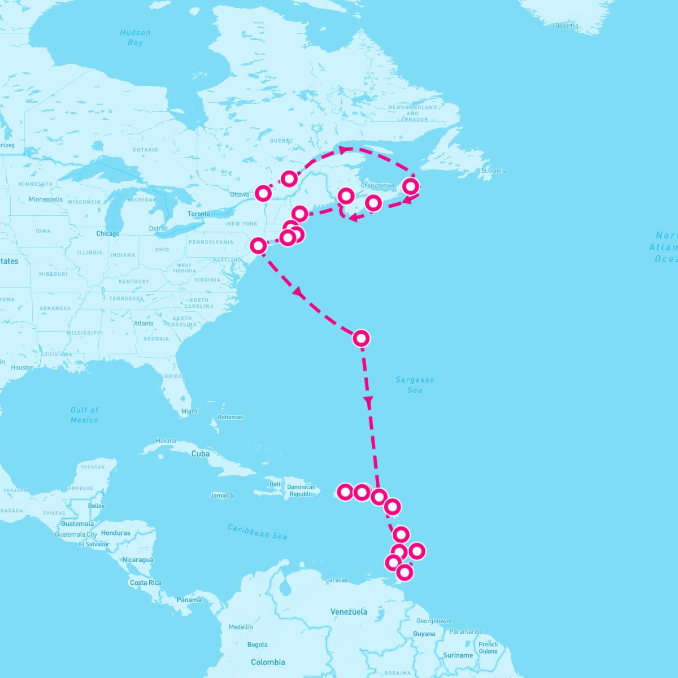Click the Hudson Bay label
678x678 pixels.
(135, 37)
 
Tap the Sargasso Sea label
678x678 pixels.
(415, 385)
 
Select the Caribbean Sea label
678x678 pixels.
(257, 532)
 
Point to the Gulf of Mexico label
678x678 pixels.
(84, 415)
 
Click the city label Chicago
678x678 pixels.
(107, 233)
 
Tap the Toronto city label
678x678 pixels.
(198, 214)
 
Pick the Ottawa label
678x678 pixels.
(240, 194)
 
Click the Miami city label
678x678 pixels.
(190, 411)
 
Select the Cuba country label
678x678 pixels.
(200, 454)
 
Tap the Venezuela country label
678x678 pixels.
(349, 611)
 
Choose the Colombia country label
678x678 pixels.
(268, 662)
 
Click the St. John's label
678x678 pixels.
(493, 171)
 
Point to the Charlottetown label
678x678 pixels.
(378, 185)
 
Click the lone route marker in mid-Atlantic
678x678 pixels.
(360, 338)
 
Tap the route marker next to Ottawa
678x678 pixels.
(263, 193)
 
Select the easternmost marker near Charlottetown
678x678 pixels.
(411, 186)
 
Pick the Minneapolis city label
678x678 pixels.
(46, 199)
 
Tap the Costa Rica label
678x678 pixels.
(145, 583)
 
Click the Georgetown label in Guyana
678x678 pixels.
(433, 621)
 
